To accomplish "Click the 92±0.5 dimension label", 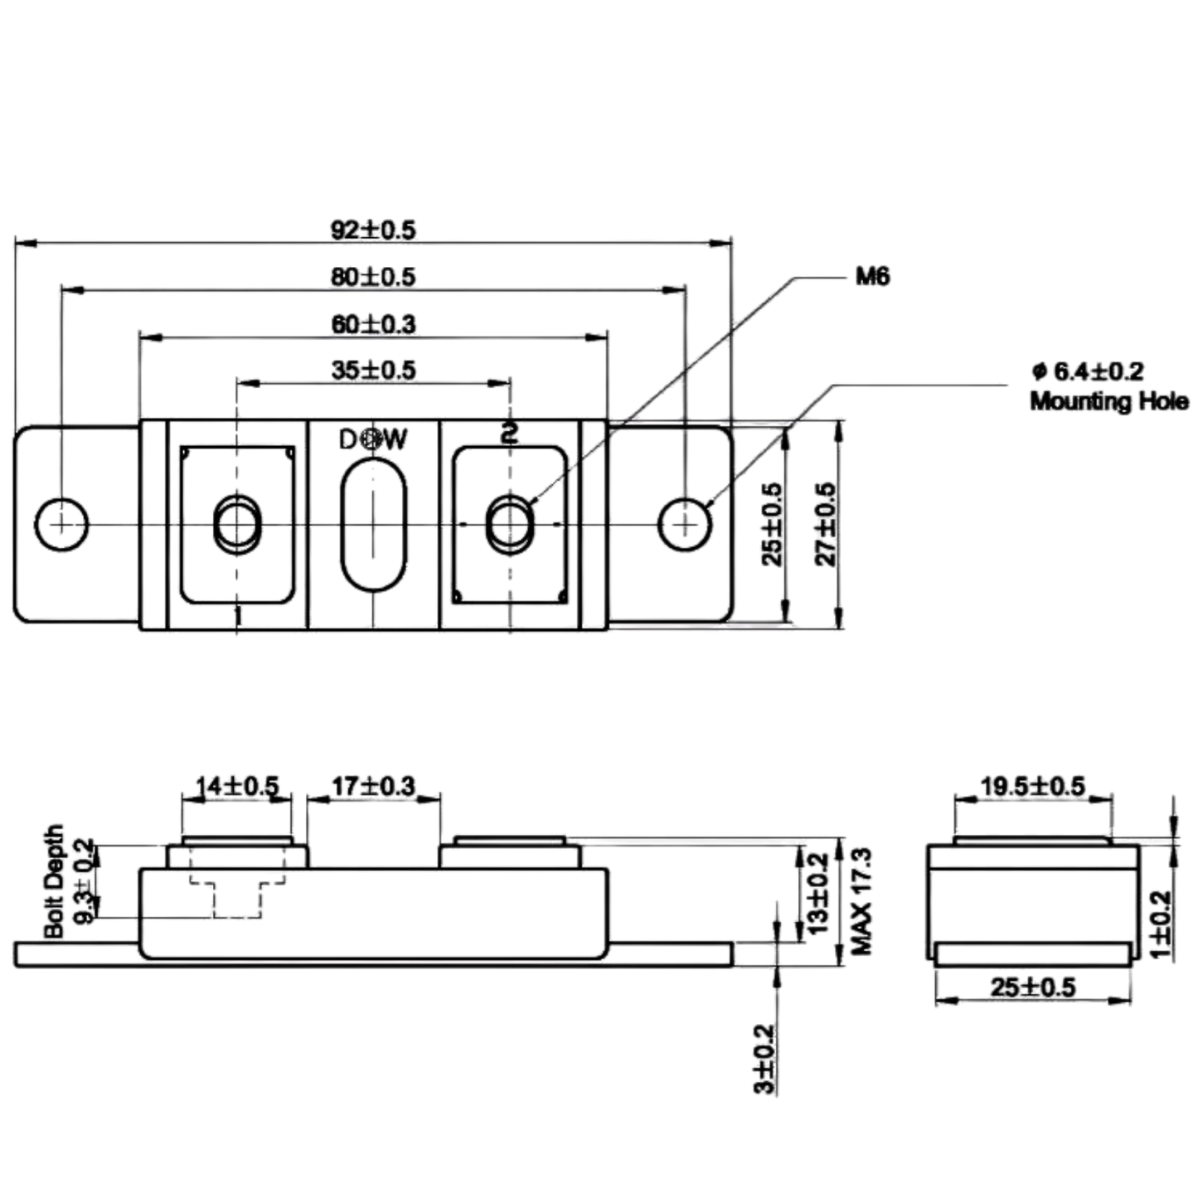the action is (x=372, y=230).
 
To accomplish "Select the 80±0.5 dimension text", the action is (x=372, y=277).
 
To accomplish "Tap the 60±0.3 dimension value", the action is (x=373, y=324).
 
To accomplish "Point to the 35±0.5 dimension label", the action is (x=373, y=371).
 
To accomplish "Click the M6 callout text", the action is (x=873, y=277).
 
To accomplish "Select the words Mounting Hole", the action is (x=1109, y=401).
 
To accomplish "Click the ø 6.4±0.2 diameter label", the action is (x=1088, y=371).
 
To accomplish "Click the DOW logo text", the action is (x=373, y=439).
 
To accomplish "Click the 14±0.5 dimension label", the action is (x=237, y=787).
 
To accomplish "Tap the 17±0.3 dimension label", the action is (x=373, y=787).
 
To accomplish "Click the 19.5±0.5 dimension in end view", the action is (x=1033, y=787).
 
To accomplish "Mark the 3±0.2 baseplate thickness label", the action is (x=765, y=1059).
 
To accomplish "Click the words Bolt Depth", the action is (x=54, y=881).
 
